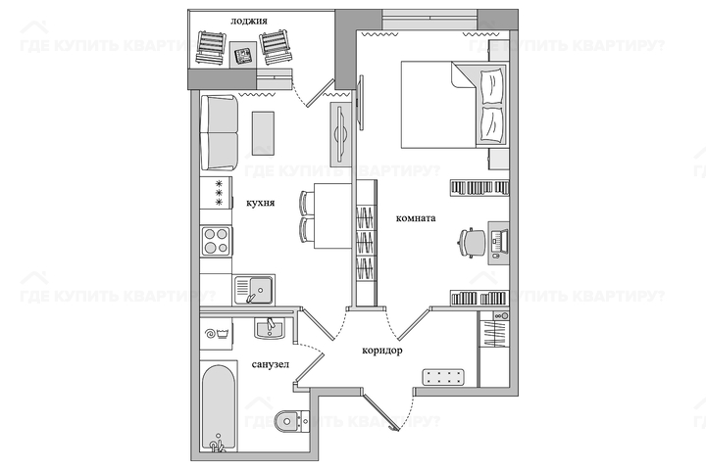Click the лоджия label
(249, 22)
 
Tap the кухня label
(260, 204)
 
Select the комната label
(416, 218)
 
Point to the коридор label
(382, 351)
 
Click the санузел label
(271, 365)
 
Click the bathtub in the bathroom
(219, 406)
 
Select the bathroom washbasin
(270, 328)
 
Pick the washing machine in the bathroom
(216, 333)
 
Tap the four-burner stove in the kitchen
(216, 241)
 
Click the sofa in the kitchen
(219, 132)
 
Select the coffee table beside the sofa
(263, 133)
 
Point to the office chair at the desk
(472, 243)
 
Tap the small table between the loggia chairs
(243, 55)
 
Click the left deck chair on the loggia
(210, 48)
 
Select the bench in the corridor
(443, 377)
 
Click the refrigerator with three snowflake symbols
(216, 193)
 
